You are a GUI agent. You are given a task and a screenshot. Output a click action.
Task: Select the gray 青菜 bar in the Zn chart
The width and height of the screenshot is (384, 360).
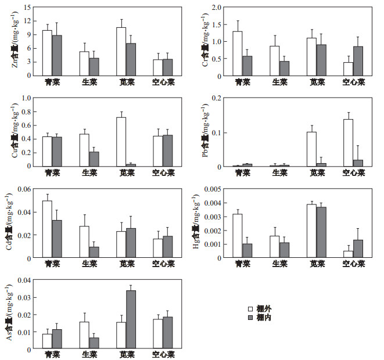click(x=56, y=56)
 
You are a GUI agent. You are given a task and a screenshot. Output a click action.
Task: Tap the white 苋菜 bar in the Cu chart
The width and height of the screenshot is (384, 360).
click(x=121, y=142)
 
